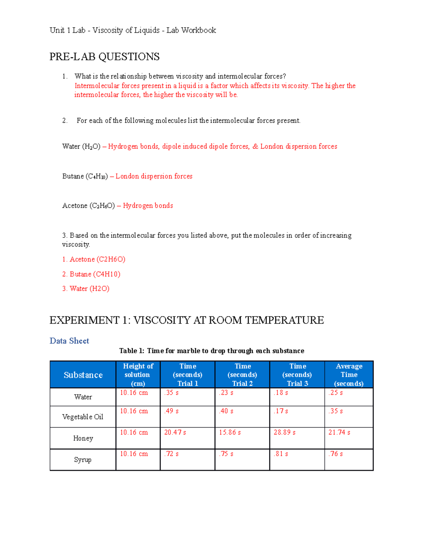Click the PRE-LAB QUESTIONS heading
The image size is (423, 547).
104,57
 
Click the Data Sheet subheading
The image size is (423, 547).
69,341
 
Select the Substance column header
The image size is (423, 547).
83,375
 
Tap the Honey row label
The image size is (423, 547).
83,438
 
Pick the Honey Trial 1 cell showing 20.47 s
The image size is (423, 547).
175,432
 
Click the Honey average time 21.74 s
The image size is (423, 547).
339,432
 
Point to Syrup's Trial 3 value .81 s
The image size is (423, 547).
281,454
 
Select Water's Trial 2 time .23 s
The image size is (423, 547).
226,392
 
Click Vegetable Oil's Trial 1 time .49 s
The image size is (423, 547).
171,411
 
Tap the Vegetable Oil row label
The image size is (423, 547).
82,417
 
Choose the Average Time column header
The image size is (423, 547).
349,375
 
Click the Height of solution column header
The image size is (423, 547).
138,375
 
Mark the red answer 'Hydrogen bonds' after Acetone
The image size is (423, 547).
148,205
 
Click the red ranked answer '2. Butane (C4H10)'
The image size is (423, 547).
91,274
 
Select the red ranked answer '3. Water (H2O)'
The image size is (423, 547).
86,288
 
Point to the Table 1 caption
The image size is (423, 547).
211,351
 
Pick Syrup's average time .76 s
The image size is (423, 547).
336,454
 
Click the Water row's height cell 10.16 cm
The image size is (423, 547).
134,392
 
